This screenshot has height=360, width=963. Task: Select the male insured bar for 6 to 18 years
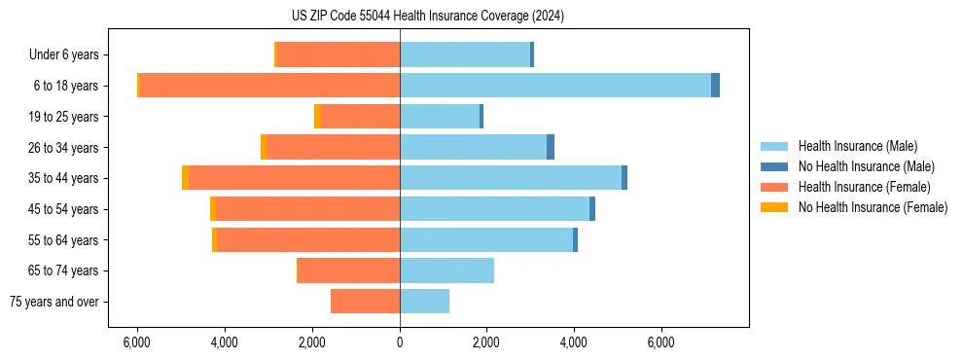click(x=554, y=86)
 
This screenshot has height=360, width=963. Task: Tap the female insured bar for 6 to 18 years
click(x=269, y=86)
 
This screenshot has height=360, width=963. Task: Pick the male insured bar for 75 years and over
click(x=424, y=302)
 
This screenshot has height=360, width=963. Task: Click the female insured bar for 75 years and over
click(x=365, y=302)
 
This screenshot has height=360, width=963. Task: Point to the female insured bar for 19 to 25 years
click(x=360, y=117)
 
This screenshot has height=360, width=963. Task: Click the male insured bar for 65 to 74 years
click(x=446, y=270)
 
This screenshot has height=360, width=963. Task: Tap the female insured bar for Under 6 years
click(x=339, y=54)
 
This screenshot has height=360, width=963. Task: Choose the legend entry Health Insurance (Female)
click(x=863, y=187)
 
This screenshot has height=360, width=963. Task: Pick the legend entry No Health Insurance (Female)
click(x=872, y=207)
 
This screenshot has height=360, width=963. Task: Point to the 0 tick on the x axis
click(x=400, y=342)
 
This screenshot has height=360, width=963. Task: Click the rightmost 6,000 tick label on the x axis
click(x=660, y=342)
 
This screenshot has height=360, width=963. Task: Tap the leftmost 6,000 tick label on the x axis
click(x=137, y=342)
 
